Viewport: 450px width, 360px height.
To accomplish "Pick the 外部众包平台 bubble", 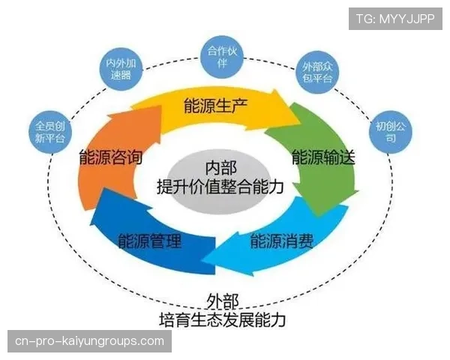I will point(316,72).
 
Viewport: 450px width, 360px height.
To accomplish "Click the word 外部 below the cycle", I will point(223,301).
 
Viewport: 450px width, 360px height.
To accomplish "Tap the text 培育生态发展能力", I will point(223,319).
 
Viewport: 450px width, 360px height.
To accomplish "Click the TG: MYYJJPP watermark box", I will point(395,17).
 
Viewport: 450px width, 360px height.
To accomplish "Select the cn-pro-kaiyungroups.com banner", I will point(89,341).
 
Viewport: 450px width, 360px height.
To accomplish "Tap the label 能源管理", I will point(150,241).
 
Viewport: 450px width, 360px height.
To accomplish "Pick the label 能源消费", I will point(282,241).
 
